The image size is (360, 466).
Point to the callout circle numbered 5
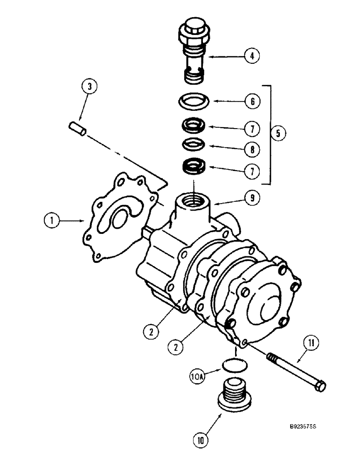point(278,133)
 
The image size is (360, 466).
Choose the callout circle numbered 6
point(251,100)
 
